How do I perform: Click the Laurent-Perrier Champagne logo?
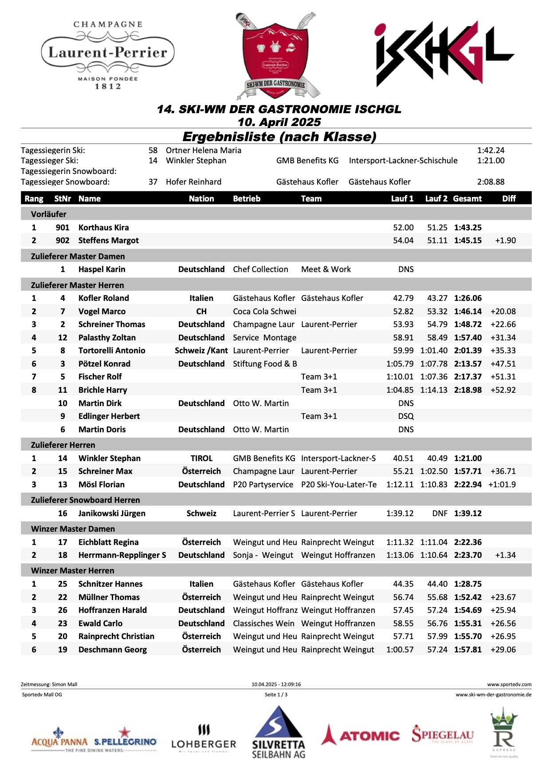pyautogui.click(x=108, y=55)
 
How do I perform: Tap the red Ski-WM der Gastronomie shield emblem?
pyautogui.click(x=275, y=55)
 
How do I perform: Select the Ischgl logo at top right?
pyautogui.click(x=444, y=54)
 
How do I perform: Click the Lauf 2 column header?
pyautogui.click(x=436, y=198)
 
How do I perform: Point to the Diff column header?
pyautogui.click(x=509, y=198)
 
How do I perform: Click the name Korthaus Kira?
pyautogui.click(x=103, y=228)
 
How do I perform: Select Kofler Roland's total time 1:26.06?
pyautogui.click(x=467, y=298)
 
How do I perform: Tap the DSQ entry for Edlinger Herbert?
pyautogui.click(x=406, y=416)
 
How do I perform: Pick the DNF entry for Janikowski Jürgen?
pyautogui.click(x=440, y=513)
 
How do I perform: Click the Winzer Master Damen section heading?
pyautogui.click(x=73, y=529)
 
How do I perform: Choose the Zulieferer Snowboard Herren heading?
pyautogui.click(x=85, y=500)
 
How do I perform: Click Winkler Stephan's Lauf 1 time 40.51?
pyautogui.click(x=403, y=458)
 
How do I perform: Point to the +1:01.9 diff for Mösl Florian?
pyautogui.click(x=502, y=485)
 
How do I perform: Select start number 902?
pyautogui.click(x=63, y=241)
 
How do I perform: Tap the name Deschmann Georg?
pyautogui.click(x=112, y=650)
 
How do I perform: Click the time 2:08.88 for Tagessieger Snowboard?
pyautogui.click(x=491, y=182)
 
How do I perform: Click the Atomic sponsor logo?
pyautogui.click(x=361, y=735)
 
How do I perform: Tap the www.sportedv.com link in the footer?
pyautogui.click(x=509, y=684)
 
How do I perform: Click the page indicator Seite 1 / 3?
pyautogui.click(x=276, y=695)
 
